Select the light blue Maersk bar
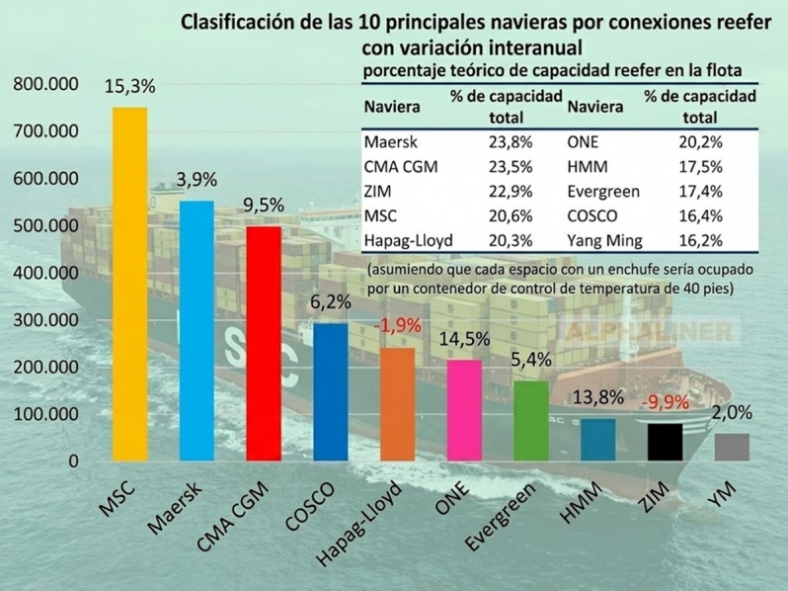[x=197, y=331]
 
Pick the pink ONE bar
[x=465, y=410]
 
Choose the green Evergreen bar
[x=531, y=421]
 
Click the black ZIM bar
[x=665, y=442]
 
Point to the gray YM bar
[x=732, y=447]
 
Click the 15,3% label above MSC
[x=130, y=87]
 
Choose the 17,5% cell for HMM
[x=700, y=166]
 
